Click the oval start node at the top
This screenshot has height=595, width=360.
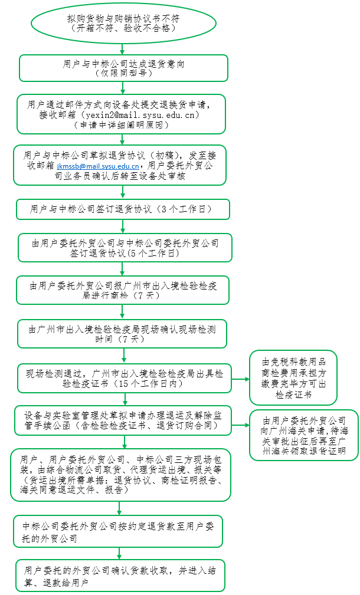pos(123,23)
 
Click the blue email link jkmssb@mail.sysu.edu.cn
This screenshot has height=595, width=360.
pos(98,166)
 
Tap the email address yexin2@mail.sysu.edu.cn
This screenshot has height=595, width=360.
pos(142,114)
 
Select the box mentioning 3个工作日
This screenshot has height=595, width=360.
pos(123,209)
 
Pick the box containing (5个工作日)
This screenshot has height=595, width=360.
pos(125,248)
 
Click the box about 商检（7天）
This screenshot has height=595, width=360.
pos(123,290)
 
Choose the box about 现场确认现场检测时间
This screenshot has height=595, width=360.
pos(122,334)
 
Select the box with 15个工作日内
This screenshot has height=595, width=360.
pos(124,379)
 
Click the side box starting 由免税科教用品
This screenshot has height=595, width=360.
pos(293,377)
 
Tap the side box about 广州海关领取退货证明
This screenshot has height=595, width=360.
pos(304,435)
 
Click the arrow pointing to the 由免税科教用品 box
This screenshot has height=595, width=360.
pos(240,379)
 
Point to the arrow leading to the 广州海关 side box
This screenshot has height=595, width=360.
pos(240,425)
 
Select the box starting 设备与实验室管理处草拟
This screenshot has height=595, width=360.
pos(123,420)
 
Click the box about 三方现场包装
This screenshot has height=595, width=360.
pos(120,475)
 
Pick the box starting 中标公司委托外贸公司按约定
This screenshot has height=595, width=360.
pos(118,531)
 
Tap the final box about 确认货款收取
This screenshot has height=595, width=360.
pos(120,576)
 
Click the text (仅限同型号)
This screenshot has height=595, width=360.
pos(123,73)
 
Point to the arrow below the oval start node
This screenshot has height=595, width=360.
pos(122,50)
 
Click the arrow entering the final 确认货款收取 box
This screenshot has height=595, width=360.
pos(119,554)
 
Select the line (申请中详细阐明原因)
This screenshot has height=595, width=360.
pos(122,125)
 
